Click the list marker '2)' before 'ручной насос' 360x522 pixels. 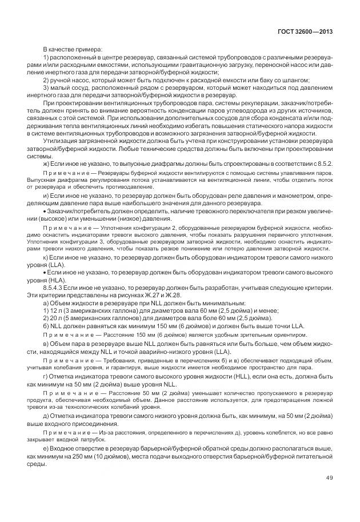[47, 81]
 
